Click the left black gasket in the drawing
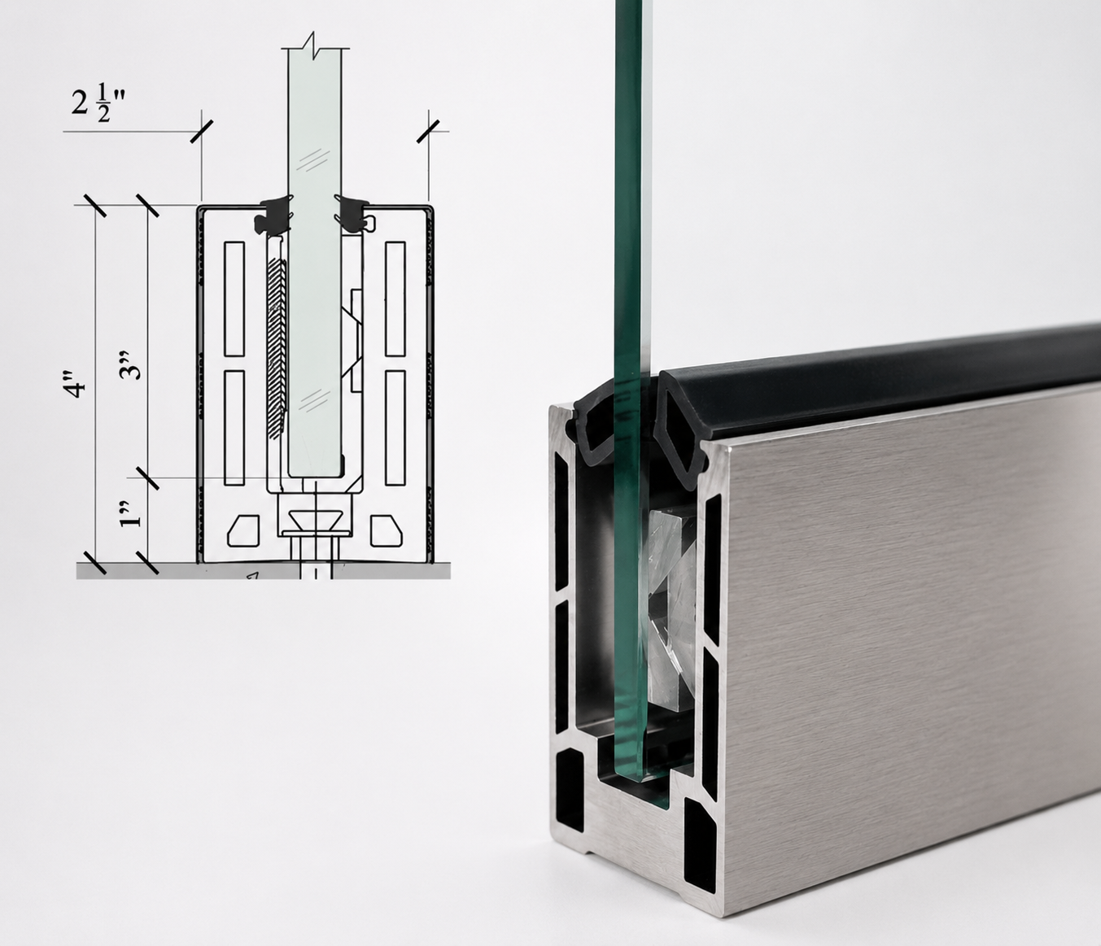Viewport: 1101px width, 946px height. [x=273, y=215]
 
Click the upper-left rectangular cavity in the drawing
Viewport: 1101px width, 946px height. [x=234, y=299]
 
